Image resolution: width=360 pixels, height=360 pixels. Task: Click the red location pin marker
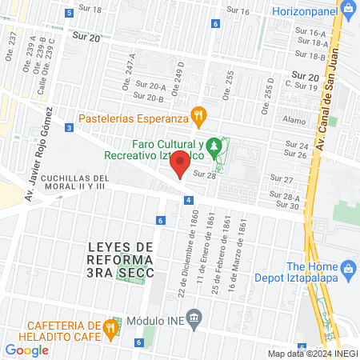click(181, 162)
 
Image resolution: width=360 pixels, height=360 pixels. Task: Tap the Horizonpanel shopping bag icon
click(347, 9)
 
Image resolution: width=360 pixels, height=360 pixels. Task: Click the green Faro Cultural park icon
click(213, 146)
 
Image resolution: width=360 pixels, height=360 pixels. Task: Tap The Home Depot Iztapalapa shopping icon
click(348, 268)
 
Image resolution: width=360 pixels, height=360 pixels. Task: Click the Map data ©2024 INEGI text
click(312, 354)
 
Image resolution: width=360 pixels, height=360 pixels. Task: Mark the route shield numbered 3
click(70, 127)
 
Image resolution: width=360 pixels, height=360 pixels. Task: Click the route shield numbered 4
click(187, 200)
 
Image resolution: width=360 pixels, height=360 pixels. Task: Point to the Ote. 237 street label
click(10, 45)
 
